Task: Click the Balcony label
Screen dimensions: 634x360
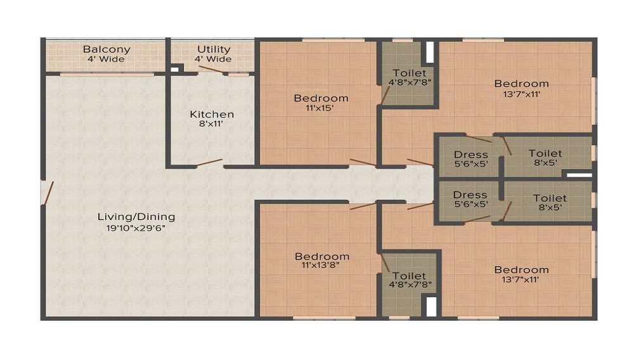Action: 107,49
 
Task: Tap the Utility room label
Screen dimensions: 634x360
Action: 214,49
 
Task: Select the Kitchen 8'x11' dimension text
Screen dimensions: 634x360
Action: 211,124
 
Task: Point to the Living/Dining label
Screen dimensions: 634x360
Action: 136,217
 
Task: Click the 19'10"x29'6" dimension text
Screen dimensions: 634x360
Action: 136,228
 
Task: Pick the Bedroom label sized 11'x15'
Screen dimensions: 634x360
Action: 321,98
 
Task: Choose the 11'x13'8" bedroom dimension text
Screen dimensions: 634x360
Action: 320,266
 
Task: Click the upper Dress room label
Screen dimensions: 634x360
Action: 470,155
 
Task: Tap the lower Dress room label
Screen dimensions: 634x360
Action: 470,195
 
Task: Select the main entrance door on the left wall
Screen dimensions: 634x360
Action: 48,193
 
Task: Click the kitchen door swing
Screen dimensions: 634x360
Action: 209,163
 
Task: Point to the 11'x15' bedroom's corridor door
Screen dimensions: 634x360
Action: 363,162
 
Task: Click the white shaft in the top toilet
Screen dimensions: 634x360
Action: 430,52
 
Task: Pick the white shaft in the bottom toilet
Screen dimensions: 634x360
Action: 431,307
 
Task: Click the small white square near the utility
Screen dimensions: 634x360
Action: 174,70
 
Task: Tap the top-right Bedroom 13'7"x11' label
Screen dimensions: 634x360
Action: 522,84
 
